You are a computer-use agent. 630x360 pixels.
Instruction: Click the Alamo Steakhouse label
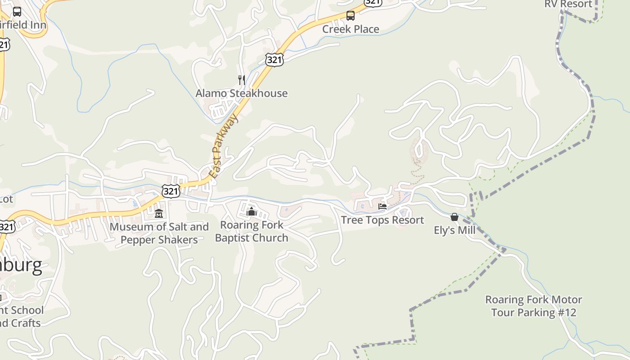[x=241, y=94]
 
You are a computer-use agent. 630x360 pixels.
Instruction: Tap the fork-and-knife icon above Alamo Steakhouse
[x=242, y=80]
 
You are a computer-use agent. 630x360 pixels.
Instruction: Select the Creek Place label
[x=351, y=29]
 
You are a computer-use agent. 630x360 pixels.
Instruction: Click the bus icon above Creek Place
[x=351, y=16]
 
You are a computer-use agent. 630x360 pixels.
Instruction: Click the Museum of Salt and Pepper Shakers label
[x=159, y=233]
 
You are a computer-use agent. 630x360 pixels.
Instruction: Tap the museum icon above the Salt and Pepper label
[x=159, y=213]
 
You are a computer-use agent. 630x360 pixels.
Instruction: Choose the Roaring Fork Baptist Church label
[x=252, y=231]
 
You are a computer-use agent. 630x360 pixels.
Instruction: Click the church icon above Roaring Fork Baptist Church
[x=252, y=211]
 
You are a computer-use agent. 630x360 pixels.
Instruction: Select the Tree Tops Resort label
[x=382, y=220]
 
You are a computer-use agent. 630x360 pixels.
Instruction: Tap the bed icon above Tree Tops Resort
[x=382, y=207]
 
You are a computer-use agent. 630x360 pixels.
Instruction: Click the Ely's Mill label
[x=454, y=230]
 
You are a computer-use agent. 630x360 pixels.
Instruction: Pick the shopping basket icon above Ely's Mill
[x=454, y=217]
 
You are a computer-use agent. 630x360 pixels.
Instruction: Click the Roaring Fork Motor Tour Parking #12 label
[x=533, y=306]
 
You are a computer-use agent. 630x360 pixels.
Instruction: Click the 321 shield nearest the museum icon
[x=171, y=191]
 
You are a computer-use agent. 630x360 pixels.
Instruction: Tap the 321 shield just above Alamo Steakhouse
[x=274, y=59]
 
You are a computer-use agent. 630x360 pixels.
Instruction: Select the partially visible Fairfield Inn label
[x=22, y=25]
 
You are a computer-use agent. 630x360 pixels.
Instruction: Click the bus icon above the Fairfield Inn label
[x=17, y=12]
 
